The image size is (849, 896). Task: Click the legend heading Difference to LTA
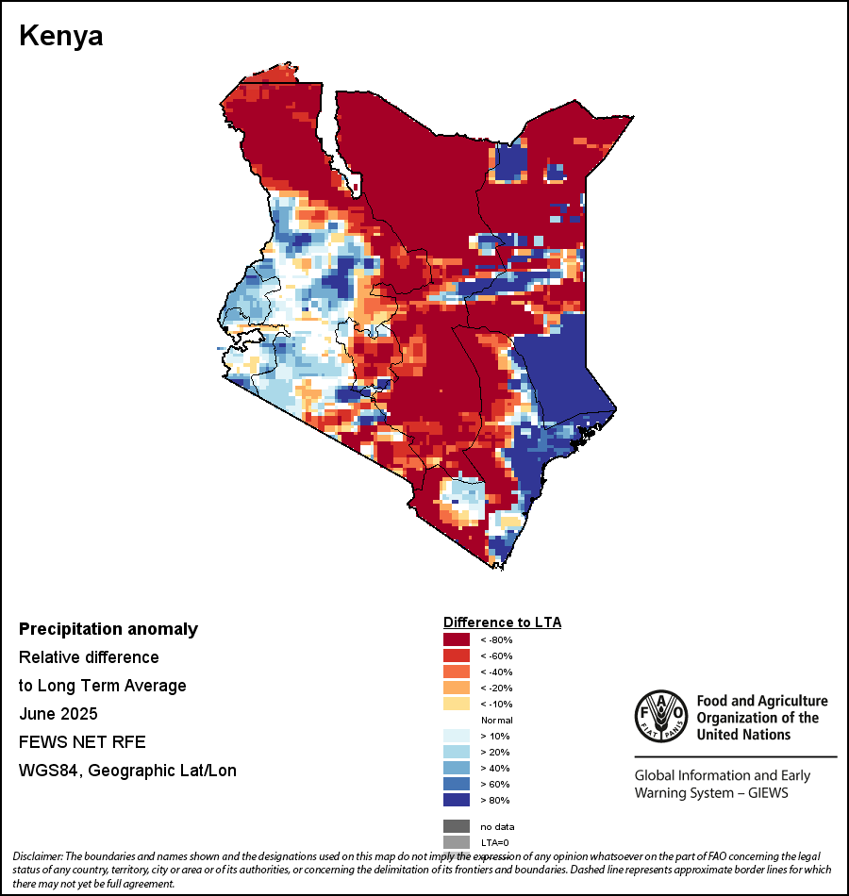(x=502, y=622)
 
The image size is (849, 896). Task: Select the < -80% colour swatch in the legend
(x=457, y=639)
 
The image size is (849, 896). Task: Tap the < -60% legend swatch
(x=457, y=655)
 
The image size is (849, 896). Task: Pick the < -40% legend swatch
(x=457, y=672)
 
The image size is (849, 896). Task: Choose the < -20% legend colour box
(x=457, y=688)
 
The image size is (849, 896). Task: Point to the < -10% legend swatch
(x=457, y=704)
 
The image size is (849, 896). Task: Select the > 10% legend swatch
(x=457, y=736)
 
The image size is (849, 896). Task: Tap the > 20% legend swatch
(x=457, y=752)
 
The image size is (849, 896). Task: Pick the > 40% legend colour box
(x=457, y=768)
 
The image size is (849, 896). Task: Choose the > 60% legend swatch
(x=457, y=784)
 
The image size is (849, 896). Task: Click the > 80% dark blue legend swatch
(x=457, y=800)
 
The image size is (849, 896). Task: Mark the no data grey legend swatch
(x=457, y=826)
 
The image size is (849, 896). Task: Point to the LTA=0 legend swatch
(x=457, y=842)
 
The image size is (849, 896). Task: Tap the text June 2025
(x=58, y=713)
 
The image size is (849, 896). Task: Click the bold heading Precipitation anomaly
(x=108, y=629)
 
